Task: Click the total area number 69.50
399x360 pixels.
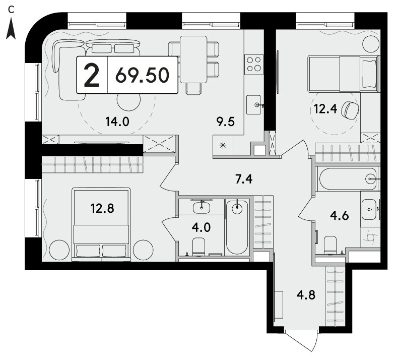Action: tap(142, 75)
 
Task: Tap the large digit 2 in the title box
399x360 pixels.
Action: tap(92, 75)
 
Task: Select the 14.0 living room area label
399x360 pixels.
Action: tap(117, 122)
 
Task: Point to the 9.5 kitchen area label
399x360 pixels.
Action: tap(226, 122)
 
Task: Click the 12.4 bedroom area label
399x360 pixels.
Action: tap(325, 109)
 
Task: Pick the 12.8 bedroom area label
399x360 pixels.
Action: tap(102, 208)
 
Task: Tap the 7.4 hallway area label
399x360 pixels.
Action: tap(244, 179)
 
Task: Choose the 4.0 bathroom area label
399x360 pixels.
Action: tap(202, 227)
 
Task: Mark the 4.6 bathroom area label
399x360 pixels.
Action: tap(339, 216)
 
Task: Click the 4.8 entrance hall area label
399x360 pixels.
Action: tap(306, 295)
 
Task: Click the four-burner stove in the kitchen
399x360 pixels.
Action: tap(254, 64)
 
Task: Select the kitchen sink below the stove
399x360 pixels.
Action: tap(254, 105)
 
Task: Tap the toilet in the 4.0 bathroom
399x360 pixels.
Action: tap(198, 247)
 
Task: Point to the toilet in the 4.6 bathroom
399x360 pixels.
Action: tap(330, 245)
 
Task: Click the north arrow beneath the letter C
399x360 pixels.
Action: tap(11, 30)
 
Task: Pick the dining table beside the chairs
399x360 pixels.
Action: tap(193, 59)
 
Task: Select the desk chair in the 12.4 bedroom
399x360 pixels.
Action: tap(350, 110)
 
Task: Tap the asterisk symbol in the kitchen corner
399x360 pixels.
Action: tap(223, 145)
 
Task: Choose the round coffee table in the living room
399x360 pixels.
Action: tap(128, 101)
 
